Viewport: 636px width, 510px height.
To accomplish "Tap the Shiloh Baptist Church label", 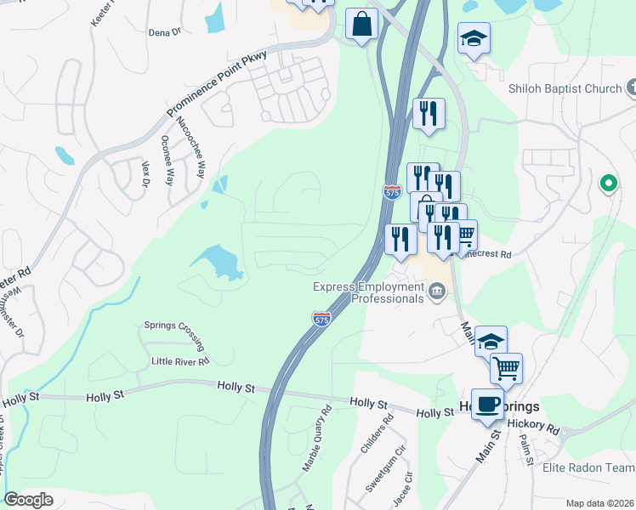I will click(565, 88).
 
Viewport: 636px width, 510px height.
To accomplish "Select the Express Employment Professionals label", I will click(369, 292).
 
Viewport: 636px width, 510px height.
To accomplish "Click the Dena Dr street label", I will click(165, 32).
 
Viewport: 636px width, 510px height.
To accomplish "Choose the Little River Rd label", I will click(180, 361).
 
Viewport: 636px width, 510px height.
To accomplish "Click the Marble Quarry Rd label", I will click(316, 439).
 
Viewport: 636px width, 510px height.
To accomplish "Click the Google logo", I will click(28, 500).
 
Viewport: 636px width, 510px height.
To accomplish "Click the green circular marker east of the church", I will click(608, 183).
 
